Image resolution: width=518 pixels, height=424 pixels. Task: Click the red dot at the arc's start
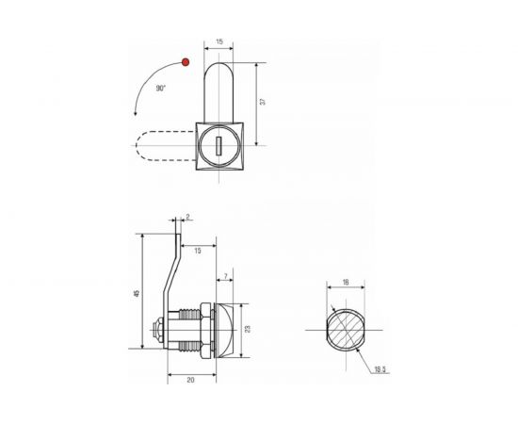(x=186, y=62)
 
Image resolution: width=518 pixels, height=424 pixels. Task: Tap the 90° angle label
(x=161, y=89)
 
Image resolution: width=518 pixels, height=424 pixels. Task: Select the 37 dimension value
(x=263, y=102)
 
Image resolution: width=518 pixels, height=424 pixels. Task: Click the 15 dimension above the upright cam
(x=219, y=41)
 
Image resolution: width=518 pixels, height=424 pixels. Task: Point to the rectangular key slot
(x=219, y=146)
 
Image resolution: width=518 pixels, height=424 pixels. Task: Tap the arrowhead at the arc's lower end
(x=135, y=114)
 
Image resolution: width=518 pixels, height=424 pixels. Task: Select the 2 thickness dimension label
(x=188, y=217)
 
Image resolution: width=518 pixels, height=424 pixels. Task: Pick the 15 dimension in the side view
(x=198, y=251)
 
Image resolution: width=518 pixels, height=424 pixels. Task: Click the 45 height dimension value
(x=138, y=293)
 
